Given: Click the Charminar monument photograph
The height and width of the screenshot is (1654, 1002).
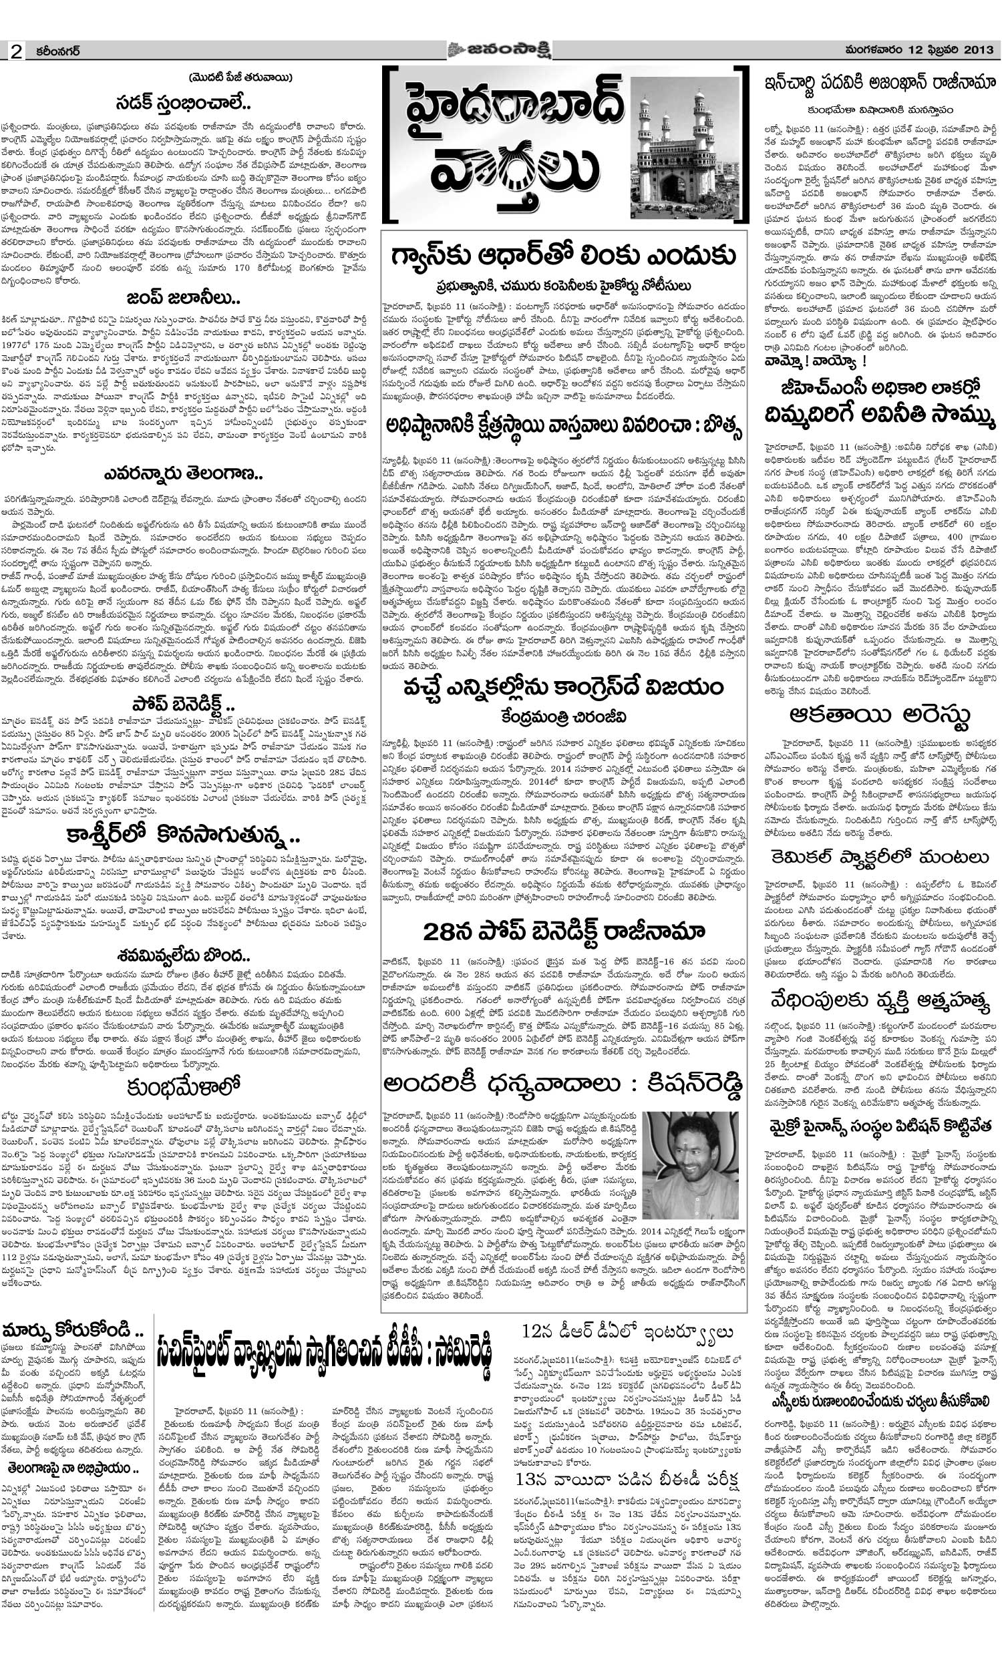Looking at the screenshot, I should [x=685, y=149].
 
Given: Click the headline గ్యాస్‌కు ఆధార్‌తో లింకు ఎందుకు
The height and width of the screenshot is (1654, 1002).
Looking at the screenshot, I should [x=563, y=256].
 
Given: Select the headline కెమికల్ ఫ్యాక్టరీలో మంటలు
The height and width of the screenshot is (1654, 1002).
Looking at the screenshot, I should [x=880, y=857].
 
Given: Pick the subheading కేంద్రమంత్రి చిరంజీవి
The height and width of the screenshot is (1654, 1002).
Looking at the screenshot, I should [x=563, y=718].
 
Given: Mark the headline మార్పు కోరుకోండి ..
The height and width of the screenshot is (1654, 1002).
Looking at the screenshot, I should [x=74, y=1329].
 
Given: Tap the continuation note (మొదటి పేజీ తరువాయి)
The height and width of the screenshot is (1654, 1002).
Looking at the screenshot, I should [x=240, y=77].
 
